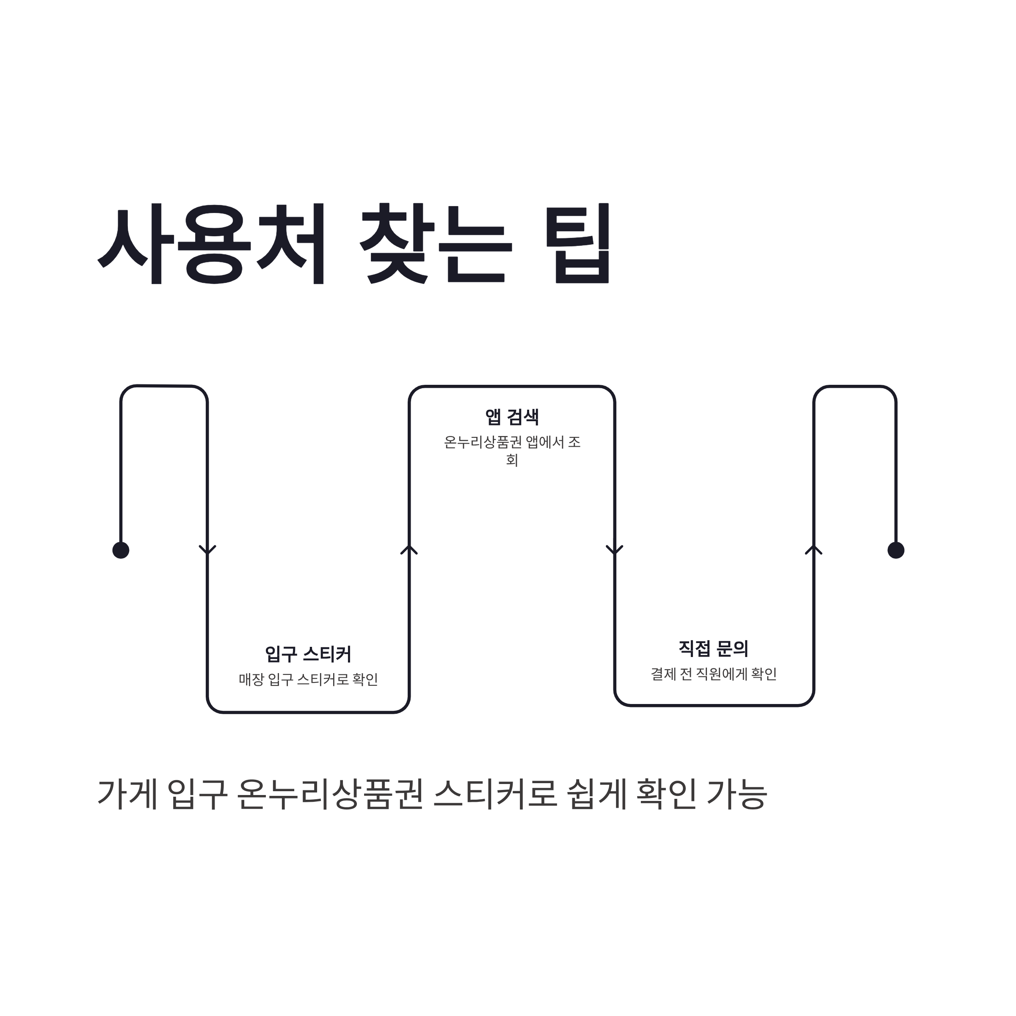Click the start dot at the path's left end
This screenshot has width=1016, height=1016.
click(121, 550)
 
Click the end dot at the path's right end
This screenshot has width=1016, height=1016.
click(896, 550)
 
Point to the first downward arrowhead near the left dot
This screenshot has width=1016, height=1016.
click(207, 550)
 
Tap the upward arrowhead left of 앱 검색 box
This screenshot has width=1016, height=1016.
click(409, 549)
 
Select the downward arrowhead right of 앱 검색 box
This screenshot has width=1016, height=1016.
click(614, 550)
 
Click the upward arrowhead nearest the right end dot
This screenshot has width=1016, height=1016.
click(814, 549)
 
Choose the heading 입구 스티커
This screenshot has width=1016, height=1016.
click(308, 654)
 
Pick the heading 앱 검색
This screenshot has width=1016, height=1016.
click(512, 417)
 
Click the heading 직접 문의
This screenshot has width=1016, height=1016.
click(713, 649)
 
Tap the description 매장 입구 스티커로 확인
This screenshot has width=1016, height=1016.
click(308, 679)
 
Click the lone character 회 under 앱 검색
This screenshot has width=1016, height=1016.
click(512, 460)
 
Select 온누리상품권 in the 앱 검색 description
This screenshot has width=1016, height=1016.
click(482, 442)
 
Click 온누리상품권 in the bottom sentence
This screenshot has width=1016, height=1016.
click(330, 794)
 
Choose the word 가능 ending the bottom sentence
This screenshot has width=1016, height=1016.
click(736, 794)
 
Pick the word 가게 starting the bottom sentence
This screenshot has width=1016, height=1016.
click(128, 794)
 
